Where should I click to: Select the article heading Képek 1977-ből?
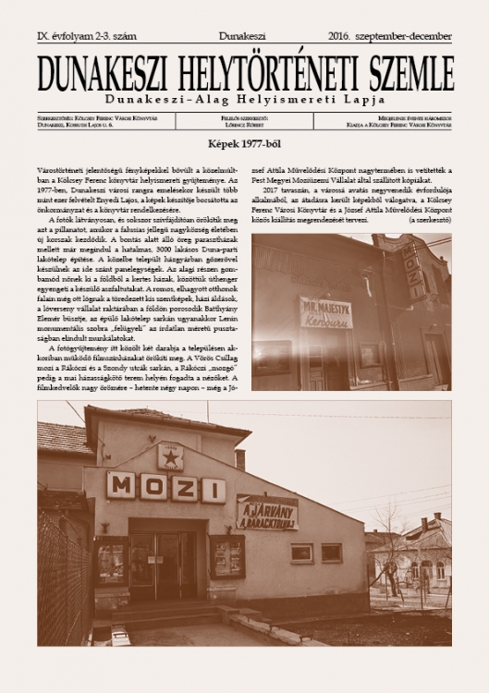tap(245, 145)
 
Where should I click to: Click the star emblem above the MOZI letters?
tap(169, 456)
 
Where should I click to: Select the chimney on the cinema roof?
tap(240, 457)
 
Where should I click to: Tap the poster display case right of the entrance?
tap(226, 557)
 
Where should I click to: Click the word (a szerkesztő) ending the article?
tap(422, 220)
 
